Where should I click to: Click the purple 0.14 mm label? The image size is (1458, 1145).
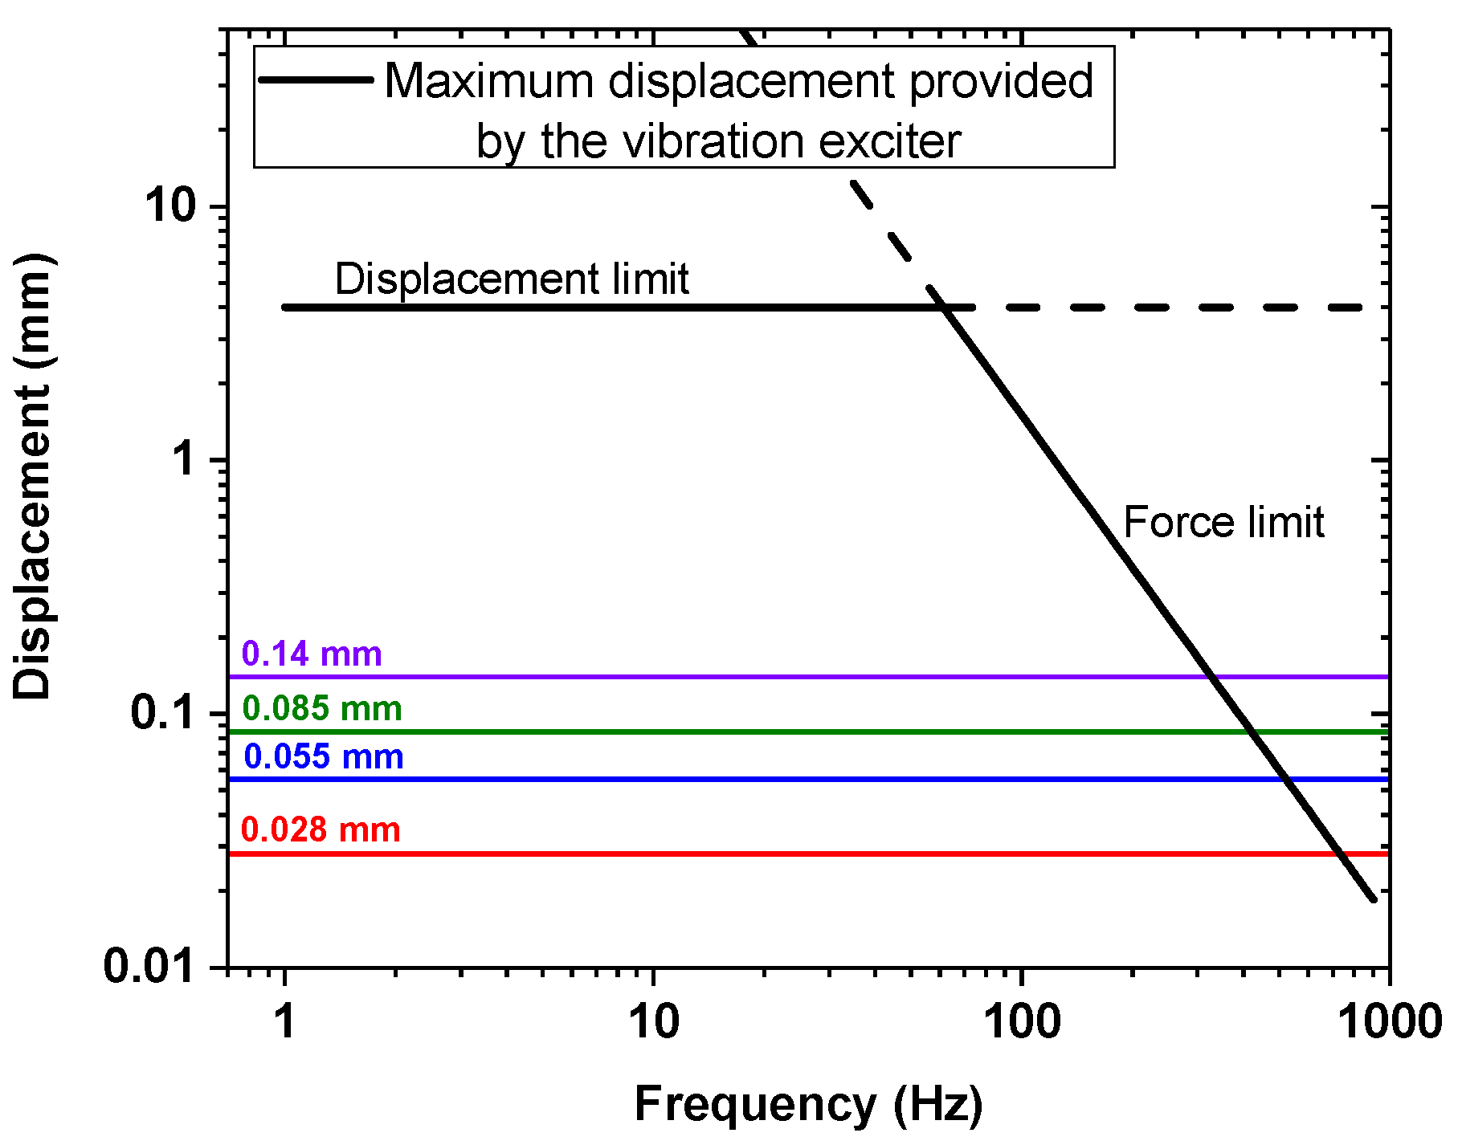[x=312, y=654]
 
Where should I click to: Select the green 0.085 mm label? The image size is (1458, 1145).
[x=322, y=708]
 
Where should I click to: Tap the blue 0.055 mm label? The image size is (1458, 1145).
[x=323, y=756]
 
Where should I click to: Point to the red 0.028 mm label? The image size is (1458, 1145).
[x=321, y=829]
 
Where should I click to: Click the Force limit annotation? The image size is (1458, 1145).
[x=1223, y=523]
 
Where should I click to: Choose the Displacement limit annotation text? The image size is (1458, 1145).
[x=512, y=279]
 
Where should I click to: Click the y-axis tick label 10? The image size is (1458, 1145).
[x=170, y=206]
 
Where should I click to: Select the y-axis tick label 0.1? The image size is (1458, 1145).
[x=163, y=712]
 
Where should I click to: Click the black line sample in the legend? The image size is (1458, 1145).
[x=316, y=79]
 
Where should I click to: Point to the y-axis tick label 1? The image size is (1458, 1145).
[x=184, y=459]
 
